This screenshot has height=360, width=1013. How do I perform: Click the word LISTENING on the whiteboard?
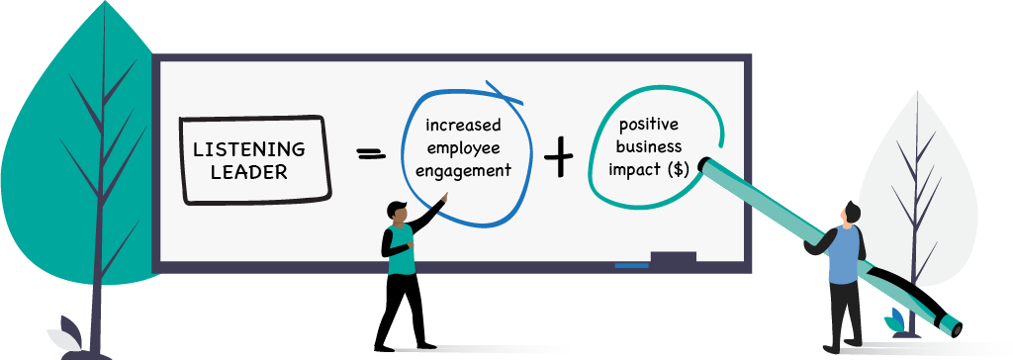[249, 150]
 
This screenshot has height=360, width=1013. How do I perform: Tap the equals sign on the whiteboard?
[370, 154]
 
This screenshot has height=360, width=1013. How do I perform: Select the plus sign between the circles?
[559, 156]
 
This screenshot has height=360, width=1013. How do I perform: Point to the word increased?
[463, 126]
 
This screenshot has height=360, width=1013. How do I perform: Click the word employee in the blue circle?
[463, 147]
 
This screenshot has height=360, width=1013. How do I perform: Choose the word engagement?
[463, 169]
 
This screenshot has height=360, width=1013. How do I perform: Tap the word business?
[649, 147]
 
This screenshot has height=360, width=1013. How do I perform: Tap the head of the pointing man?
[398, 211]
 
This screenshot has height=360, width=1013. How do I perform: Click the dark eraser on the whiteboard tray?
[673, 259]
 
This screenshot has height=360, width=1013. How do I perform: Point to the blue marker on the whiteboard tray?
[631, 264]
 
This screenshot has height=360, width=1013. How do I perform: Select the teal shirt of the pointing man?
[402, 249]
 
